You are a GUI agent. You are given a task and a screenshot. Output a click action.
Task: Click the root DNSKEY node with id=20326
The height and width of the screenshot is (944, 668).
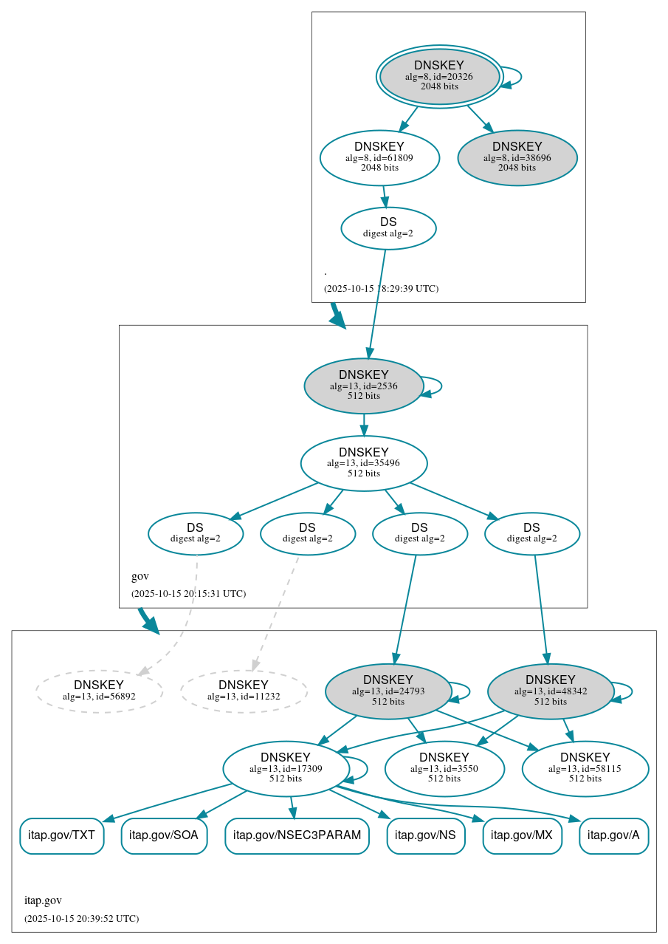tap(439, 76)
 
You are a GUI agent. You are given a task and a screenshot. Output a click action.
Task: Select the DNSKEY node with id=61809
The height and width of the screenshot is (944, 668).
tap(379, 157)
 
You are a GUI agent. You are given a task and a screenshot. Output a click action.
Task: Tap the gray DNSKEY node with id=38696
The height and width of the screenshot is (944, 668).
tap(517, 157)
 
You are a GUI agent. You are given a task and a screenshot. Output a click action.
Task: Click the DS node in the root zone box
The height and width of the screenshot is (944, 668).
tap(388, 228)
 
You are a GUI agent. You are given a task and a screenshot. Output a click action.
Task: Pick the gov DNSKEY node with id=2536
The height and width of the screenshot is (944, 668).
tap(363, 386)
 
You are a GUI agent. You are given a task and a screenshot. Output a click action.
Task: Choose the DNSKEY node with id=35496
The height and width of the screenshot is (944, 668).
tap(363, 463)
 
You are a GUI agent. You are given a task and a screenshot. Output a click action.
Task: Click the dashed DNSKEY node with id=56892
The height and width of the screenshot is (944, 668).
tap(99, 691)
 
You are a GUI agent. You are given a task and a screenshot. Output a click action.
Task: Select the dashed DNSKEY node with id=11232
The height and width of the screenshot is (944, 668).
tap(244, 691)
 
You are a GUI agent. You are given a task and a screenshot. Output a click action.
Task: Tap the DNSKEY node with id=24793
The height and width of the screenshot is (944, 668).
tap(388, 691)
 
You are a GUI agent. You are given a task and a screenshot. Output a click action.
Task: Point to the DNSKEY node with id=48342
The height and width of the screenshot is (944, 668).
tap(551, 691)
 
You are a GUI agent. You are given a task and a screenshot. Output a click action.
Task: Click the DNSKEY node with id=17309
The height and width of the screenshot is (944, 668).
tap(286, 768)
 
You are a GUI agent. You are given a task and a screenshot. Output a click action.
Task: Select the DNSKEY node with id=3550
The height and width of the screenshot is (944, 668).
tap(444, 768)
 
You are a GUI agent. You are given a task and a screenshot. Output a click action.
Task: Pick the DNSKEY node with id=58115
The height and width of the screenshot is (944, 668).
tap(585, 768)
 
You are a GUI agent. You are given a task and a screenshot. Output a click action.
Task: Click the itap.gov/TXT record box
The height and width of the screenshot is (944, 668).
tap(61, 835)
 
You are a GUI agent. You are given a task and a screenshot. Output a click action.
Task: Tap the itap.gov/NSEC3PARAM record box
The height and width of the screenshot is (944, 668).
tap(297, 835)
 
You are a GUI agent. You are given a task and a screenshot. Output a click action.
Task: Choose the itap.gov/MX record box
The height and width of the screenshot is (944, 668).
tap(522, 835)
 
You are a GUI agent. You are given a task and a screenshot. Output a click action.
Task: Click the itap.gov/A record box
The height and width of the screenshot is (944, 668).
tap(613, 835)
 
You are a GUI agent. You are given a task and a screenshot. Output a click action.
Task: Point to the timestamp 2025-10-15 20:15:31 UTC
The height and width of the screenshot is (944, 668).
tap(188, 593)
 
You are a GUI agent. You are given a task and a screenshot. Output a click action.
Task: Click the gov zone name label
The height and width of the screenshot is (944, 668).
tap(140, 576)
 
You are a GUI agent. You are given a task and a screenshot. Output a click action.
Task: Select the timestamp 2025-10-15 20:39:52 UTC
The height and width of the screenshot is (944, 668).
tap(81, 918)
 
